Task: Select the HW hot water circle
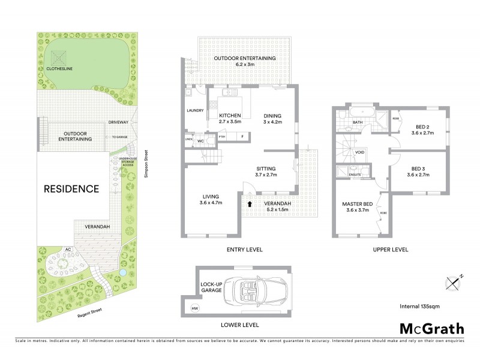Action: (194, 308)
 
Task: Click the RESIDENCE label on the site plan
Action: (71, 188)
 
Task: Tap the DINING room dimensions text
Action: (272, 122)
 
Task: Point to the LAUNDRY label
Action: (196, 110)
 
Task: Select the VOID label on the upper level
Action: (359, 152)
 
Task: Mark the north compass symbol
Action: (453, 281)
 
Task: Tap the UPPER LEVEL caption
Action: (391, 249)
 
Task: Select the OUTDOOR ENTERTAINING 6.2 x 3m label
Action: (245, 61)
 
